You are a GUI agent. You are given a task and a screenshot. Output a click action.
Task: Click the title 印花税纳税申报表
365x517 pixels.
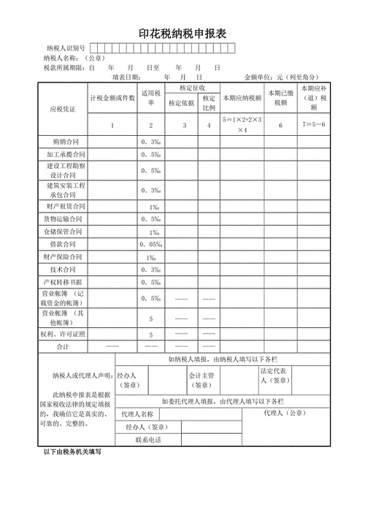[182, 34]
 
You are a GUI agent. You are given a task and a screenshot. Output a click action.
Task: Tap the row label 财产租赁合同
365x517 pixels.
[66, 207]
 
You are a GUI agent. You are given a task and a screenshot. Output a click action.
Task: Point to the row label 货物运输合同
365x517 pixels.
[66, 219]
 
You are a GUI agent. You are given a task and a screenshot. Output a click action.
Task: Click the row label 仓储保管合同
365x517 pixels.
[66, 231]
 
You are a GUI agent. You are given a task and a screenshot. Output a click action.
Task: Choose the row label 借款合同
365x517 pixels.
[66, 244]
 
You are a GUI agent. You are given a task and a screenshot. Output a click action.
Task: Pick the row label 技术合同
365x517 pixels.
[66, 269]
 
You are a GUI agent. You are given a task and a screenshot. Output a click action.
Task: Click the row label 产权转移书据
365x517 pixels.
[66, 282]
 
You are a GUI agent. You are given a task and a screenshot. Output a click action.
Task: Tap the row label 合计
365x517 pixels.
[66, 346]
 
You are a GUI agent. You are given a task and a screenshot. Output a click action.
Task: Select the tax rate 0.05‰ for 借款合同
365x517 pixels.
[151, 244]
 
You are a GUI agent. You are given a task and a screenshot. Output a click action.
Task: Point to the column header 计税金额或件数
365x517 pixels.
[112, 98]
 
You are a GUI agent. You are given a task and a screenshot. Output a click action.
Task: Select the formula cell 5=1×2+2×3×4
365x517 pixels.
[241, 124]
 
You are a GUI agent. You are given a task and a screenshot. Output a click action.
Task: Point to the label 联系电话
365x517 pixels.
[148, 440]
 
